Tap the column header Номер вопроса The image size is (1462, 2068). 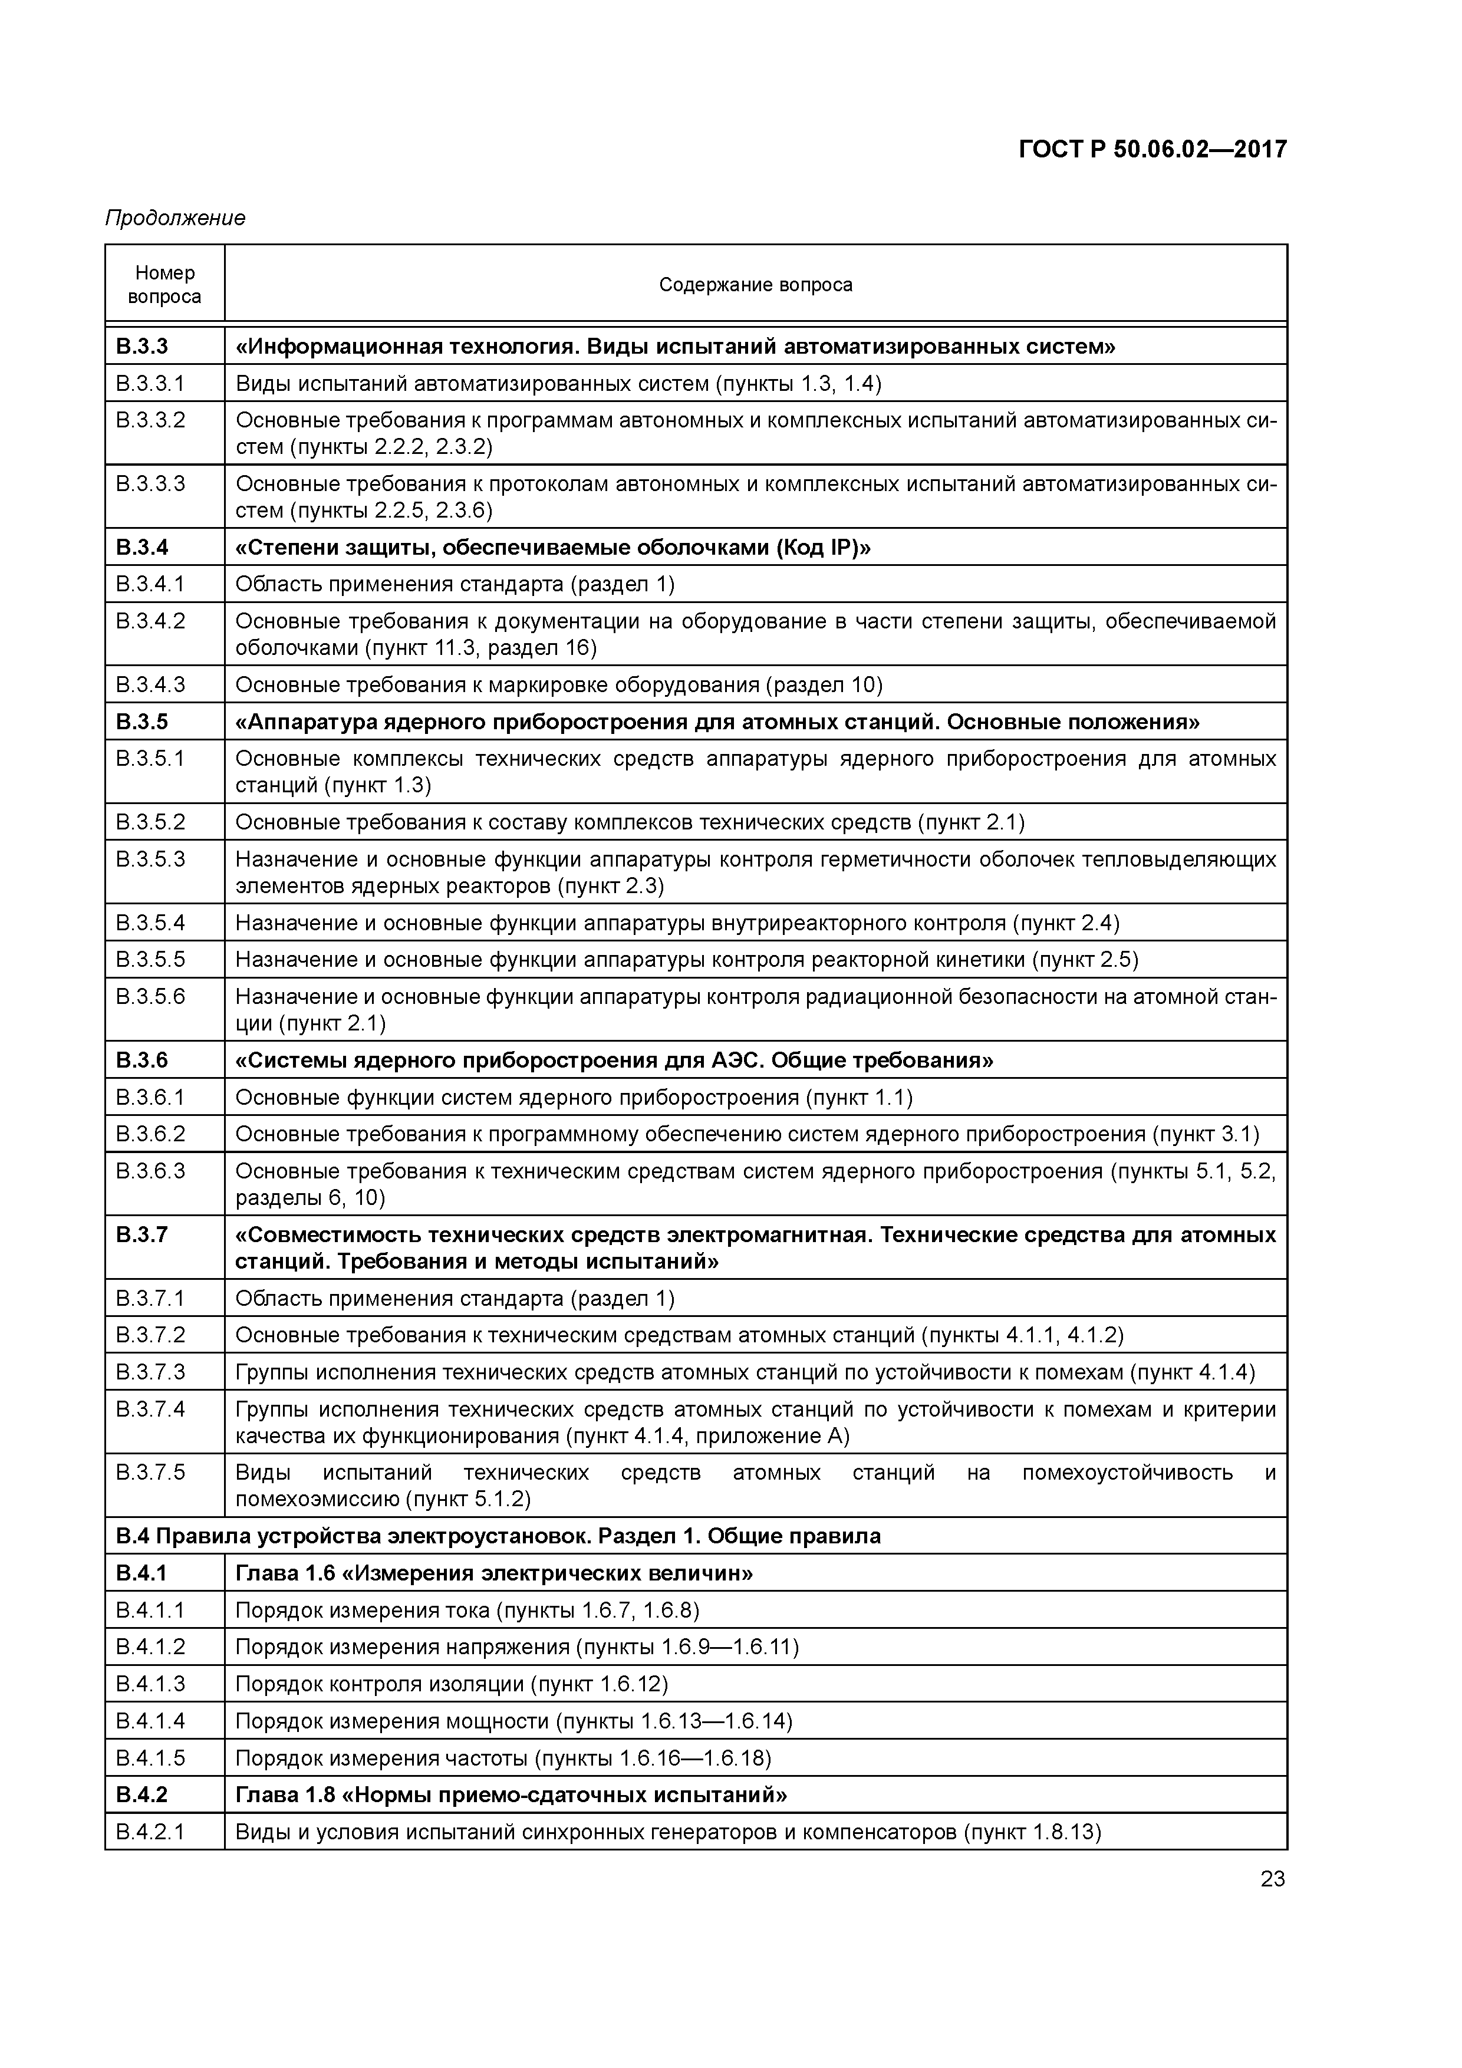[165, 285]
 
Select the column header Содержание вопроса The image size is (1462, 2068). [755, 285]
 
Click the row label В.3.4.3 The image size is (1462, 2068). [150, 684]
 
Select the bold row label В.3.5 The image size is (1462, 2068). [142, 722]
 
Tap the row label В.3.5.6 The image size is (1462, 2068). [150, 996]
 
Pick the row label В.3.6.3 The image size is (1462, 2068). [150, 1171]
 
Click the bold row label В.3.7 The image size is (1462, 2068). [142, 1234]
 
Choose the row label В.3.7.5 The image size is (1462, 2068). [150, 1473]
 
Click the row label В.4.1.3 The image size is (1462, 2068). [150, 1684]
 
